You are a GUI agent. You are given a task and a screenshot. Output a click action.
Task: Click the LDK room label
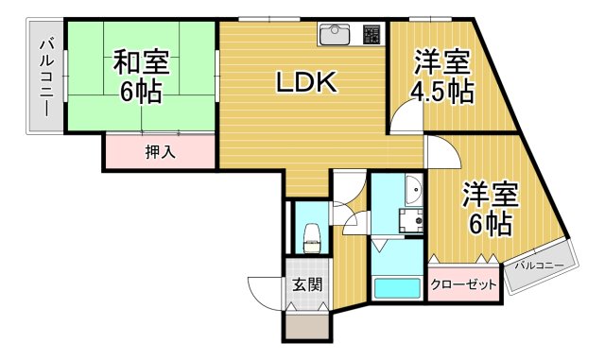305,84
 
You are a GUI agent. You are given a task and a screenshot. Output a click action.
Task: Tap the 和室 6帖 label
142,77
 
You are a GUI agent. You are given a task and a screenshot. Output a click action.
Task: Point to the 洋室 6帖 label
490,210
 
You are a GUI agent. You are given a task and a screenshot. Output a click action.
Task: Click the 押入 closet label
159,151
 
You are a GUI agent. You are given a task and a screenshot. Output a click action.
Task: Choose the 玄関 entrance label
306,283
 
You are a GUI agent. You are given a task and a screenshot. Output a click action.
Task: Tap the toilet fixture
310,236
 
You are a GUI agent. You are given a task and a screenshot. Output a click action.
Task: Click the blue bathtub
396,288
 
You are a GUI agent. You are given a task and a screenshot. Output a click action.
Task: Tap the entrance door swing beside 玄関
264,288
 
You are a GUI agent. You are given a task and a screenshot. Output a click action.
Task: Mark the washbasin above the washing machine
413,194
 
